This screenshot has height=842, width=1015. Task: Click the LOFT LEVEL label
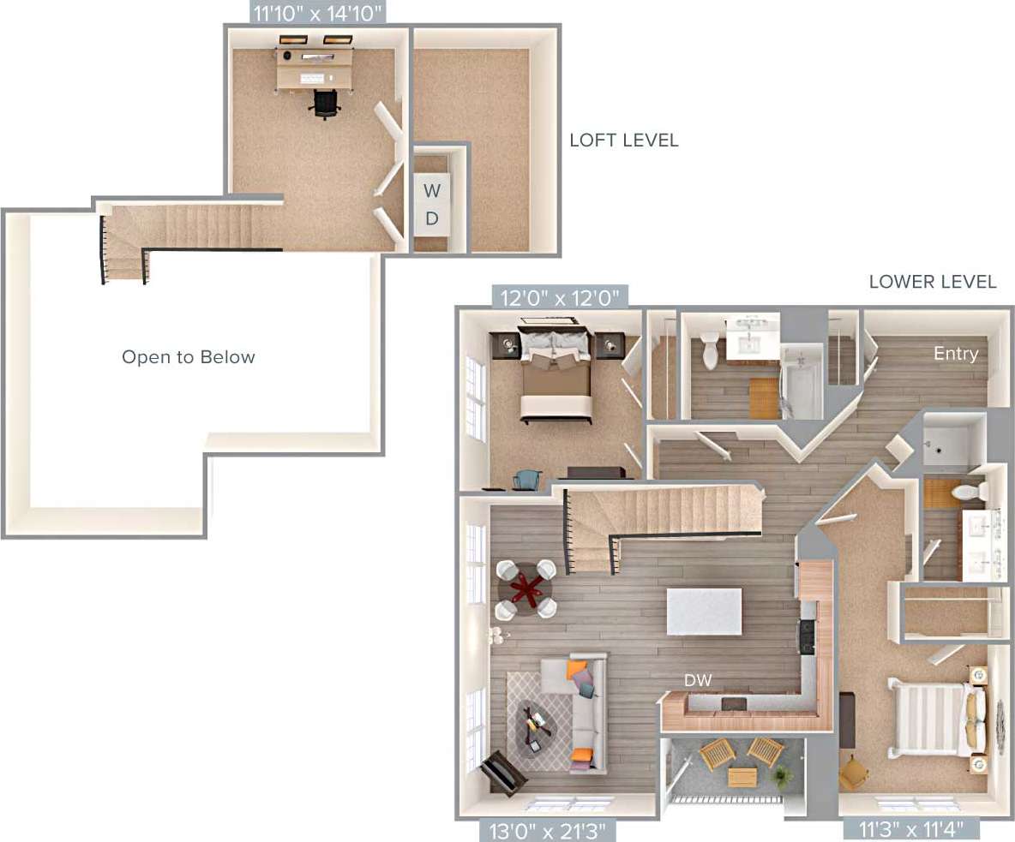pos(623,140)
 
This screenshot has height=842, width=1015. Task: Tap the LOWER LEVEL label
pos(932,282)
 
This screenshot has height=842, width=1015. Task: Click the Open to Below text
pos(188,357)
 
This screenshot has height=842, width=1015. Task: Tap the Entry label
pos(955,354)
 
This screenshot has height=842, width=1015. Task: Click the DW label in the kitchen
pos(697,680)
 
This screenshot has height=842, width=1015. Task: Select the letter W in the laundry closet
pos(432,189)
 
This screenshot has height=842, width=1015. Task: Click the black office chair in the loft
pos(326,103)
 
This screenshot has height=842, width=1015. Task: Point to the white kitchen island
pos(704,611)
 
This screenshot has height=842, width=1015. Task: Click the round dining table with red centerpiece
pos(526,589)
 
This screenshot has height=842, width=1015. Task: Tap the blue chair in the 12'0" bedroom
pos(527,481)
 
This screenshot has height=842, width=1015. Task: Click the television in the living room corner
pos(503,772)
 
